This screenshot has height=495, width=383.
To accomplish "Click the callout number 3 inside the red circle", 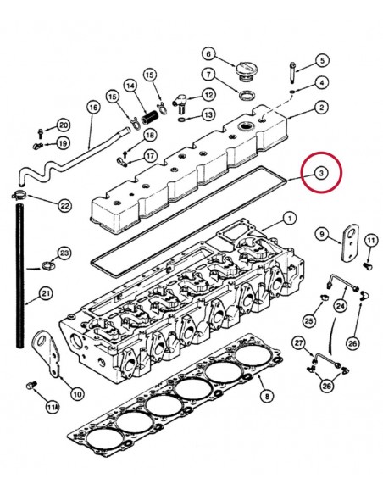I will pyautogui.click(x=320, y=173).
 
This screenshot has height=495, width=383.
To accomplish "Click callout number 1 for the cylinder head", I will pyautogui.click(x=290, y=218).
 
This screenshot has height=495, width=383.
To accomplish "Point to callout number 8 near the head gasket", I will pyautogui.click(x=265, y=396).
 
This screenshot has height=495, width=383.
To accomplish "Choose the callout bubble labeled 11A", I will pyautogui.click(x=53, y=409).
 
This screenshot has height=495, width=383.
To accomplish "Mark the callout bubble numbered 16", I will pyautogui.click(x=93, y=107).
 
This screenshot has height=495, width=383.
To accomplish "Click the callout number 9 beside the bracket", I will pyautogui.click(x=321, y=233).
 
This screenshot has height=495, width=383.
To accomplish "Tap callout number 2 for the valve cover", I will pyautogui.click(x=322, y=107).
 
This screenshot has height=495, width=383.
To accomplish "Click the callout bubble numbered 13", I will pyautogui.click(x=208, y=114).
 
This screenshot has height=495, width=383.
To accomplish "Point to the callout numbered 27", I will pyautogui.click(x=298, y=342).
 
